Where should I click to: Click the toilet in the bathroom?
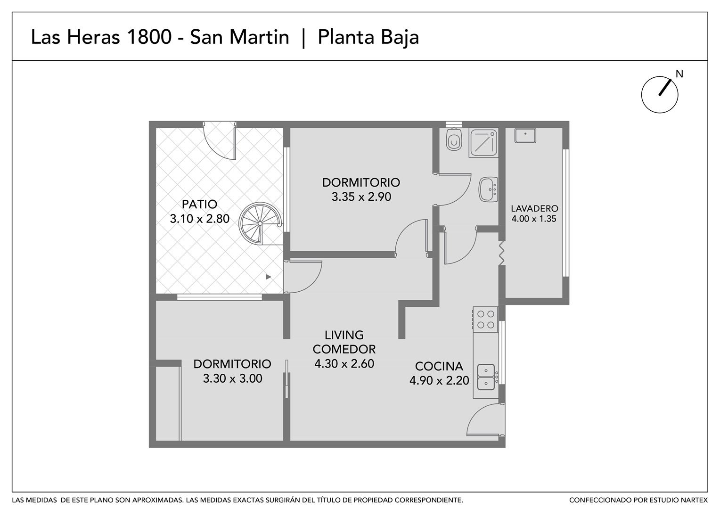pyautogui.click(x=454, y=140)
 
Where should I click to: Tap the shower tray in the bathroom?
pyautogui.click(x=483, y=143)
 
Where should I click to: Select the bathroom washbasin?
pyautogui.click(x=488, y=189)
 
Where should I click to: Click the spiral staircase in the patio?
pyautogui.click(x=261, y=223)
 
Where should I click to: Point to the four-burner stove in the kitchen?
pyautogui.click(x=485, y=320)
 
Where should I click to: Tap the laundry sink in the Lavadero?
pyautogui.click(x=525, y=135)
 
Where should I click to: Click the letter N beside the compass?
pyautogui.click(x=679, y=74)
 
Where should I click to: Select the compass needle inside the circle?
pyautogui.click(x=665, y=88)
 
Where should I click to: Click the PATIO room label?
pyautogui.click(x=200, y=204)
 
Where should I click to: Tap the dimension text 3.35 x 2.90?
pyautogui.click(x=361, y=197)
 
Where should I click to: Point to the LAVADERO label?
pyautogui.click(x=534, y=209)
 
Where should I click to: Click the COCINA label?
pyautogui.click(x=439, y=366)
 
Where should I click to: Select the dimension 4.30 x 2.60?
pyautogui.click(x=344, y=364)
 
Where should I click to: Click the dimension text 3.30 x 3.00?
pyautogui.click(x=232, y=378)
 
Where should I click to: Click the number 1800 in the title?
pyautogui.click(x=149, y=37)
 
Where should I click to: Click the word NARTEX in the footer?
pyautogui.click(x=695, y=501)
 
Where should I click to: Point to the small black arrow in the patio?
pyautogui.click(x=269, y=277)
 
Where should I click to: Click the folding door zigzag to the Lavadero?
pyautogui.click(x=501, y=253)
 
